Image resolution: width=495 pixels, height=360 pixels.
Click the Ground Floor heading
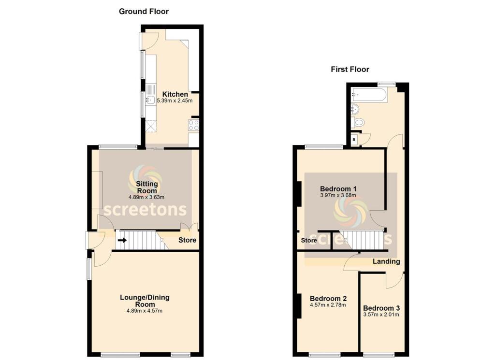144,11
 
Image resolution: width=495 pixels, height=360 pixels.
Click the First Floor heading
349,69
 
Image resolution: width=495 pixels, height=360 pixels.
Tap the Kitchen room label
175,94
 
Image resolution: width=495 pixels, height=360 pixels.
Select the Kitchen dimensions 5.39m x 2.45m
175,101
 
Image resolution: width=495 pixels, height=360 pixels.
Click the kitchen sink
150,101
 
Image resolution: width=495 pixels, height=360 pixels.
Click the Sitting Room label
146,187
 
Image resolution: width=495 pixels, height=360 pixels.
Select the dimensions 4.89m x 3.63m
146,197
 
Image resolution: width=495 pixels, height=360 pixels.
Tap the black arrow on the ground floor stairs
122,240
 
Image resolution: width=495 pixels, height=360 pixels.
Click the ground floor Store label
187,240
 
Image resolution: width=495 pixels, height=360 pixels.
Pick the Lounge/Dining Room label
145,301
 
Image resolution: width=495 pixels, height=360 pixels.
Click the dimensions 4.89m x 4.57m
145,311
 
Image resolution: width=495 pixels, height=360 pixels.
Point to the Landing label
386,261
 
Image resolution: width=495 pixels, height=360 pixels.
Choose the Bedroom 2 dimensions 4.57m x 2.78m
328,305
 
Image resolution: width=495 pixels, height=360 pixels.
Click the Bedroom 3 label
381,308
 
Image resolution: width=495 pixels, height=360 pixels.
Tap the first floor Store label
309,240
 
